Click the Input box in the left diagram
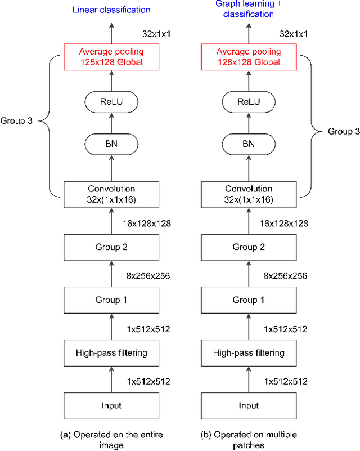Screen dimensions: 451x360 point(111,405)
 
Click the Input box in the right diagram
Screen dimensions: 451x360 point(248,405)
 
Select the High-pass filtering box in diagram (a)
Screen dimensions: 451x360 point(111,352)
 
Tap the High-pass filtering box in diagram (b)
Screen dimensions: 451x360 point(248,352)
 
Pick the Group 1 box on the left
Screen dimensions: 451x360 point(111,300)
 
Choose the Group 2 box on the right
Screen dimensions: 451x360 point(248,247)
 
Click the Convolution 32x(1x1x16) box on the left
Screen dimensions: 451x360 point(111,194)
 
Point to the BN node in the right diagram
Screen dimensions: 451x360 point(248,144)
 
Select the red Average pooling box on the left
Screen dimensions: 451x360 point(111,56)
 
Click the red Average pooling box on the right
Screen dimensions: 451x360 point(248,56)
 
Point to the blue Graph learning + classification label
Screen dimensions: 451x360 point(248,8)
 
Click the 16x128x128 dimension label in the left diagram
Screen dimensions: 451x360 point(146,224)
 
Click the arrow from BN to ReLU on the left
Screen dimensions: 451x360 point(111,124)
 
